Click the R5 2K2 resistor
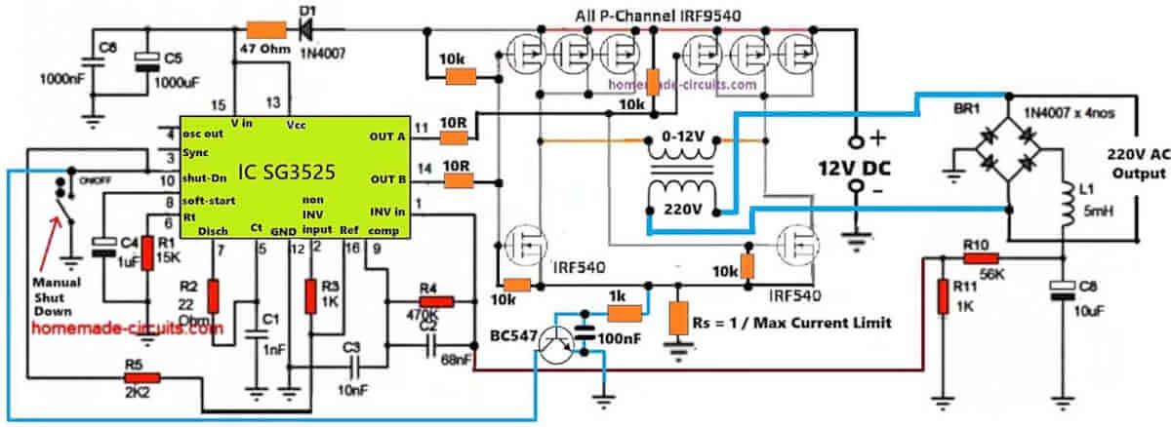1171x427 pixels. tap(142, 376)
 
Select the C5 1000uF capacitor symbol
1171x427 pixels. tap(146, 60)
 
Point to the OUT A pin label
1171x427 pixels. tap(388, 136)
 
